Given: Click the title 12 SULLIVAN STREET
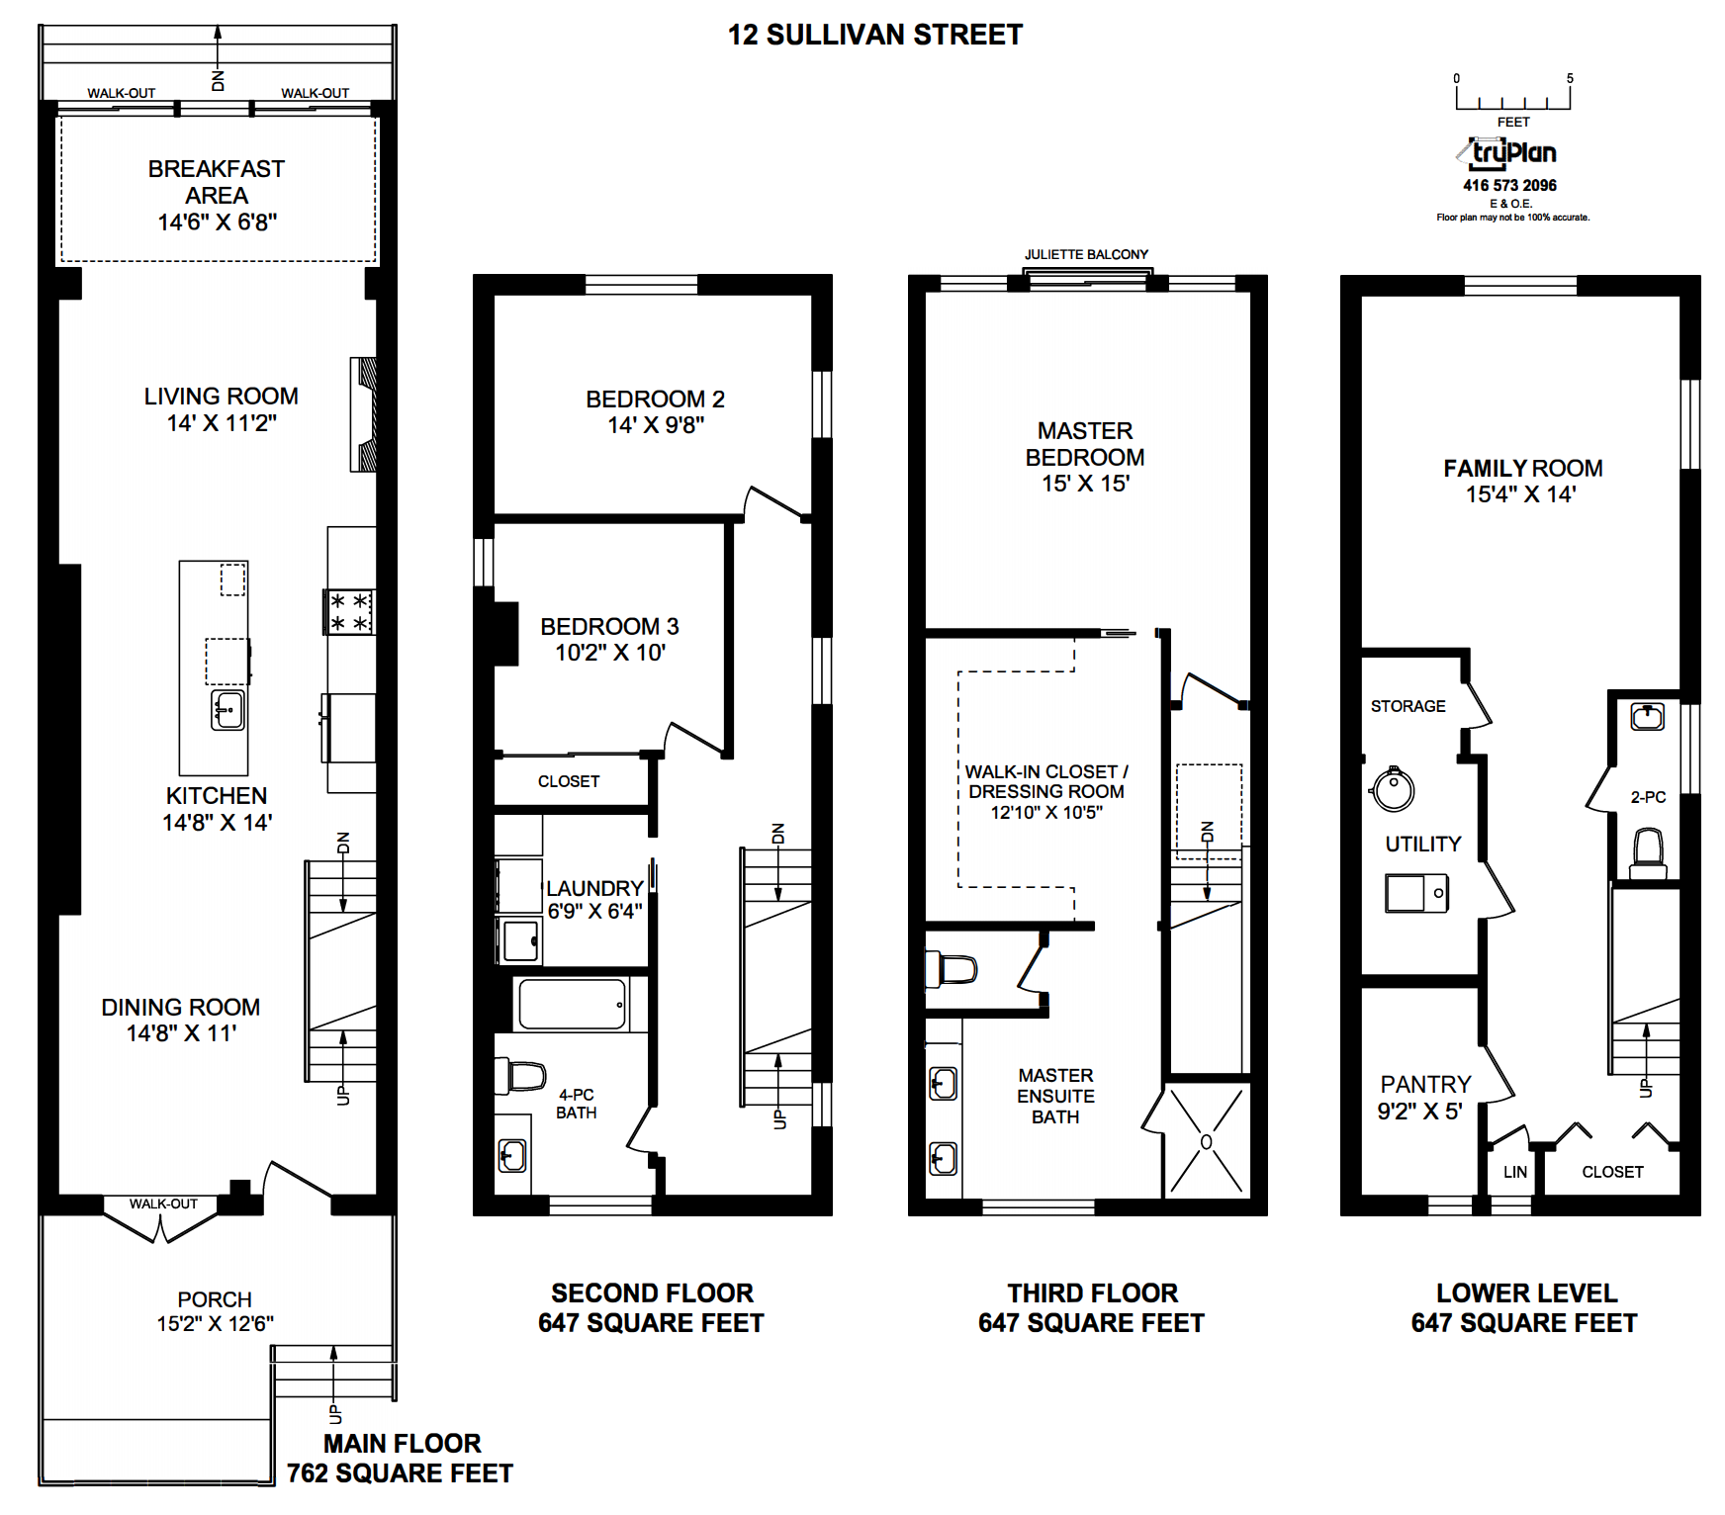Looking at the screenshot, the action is [874, 35].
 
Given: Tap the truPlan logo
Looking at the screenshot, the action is [1508, 153].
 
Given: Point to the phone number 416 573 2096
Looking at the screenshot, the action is [1509, 185].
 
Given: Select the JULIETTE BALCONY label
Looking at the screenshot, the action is [1086, 254].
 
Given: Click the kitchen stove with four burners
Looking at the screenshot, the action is [349, 611].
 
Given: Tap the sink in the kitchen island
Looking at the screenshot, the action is [227, 710].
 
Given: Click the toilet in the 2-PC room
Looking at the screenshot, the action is [1647, 851].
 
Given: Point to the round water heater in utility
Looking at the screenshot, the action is [1393, 789].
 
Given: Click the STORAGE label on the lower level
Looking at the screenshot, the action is [1407, 706].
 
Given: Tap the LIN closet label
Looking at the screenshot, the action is [1514, 1172].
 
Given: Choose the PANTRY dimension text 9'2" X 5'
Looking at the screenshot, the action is [1419, 1112].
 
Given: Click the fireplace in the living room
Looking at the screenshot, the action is [364, 414].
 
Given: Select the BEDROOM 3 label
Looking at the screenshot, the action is [609, 626].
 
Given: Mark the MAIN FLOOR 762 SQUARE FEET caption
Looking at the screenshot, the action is [401, 1459].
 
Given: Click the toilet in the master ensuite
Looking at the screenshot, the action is [951, 969].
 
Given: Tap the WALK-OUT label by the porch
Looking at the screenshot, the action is [163, 1203].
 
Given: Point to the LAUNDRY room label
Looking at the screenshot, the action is [594, 888].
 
